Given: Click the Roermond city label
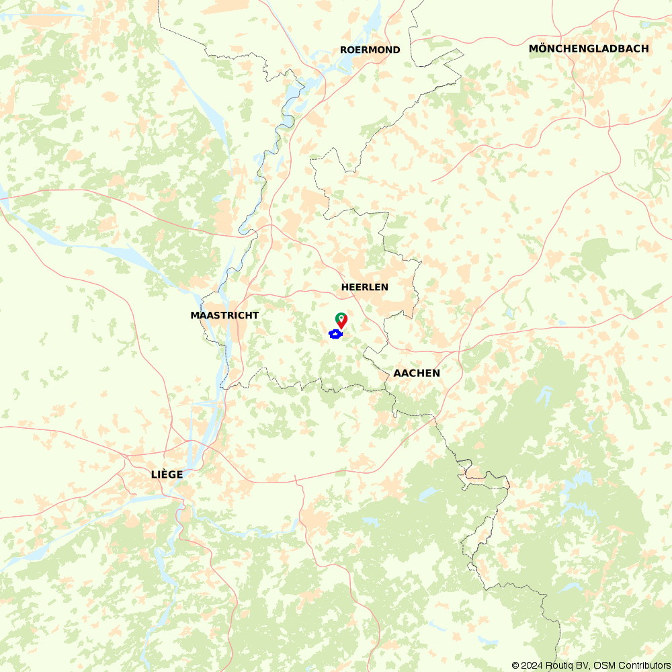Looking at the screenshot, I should point(370,50).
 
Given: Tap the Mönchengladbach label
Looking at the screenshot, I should point(589,48).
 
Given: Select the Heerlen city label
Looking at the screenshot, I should point(365,287).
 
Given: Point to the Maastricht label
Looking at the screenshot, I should point(224,315).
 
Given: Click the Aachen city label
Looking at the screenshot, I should point(417,373).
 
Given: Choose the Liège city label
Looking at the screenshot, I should point(167,474).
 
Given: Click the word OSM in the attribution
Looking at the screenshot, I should point(603,665).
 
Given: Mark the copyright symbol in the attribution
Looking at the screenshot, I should point(515,665).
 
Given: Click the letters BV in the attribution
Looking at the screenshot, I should point(582,665).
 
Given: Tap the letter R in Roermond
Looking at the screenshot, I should point(344,50).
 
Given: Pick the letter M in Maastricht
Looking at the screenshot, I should point(195,315).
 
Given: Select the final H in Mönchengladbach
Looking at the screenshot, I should point(645,48).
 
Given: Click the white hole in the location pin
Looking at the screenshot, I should point(341,317).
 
